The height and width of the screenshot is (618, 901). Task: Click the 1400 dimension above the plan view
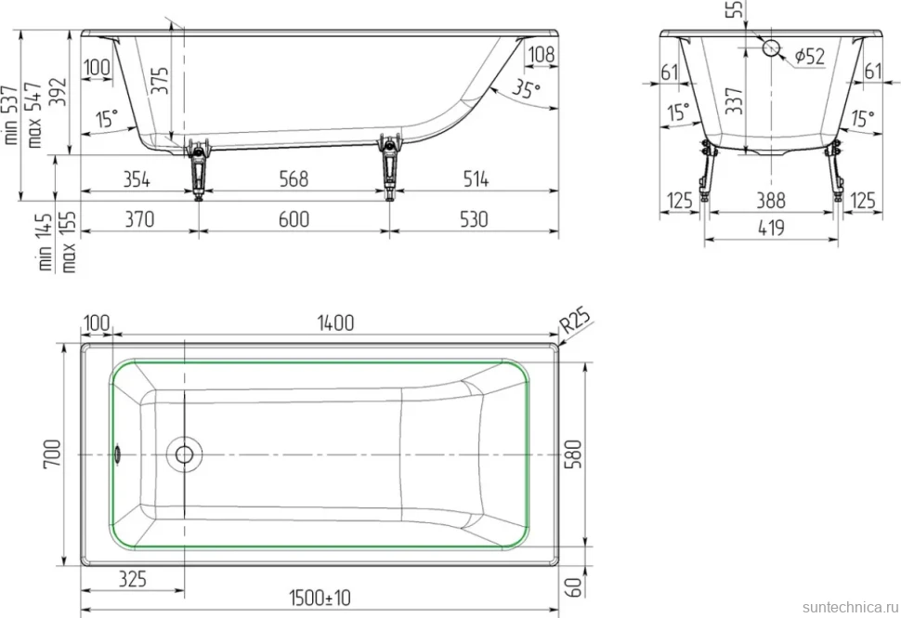[335, 323]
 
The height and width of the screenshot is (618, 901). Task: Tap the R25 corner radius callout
[575, 321]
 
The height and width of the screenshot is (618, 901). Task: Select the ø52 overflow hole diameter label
[810, 56]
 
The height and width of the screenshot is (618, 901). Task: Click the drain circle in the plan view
[185, 454]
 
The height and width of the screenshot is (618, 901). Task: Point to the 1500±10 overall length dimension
[320, 598]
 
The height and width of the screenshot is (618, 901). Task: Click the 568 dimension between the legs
[294, 178]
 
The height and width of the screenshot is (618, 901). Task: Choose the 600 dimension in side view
[294, 219]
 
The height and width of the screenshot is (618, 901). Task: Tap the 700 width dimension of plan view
[52, 454]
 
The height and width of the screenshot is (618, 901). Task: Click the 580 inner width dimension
[574, 454]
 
